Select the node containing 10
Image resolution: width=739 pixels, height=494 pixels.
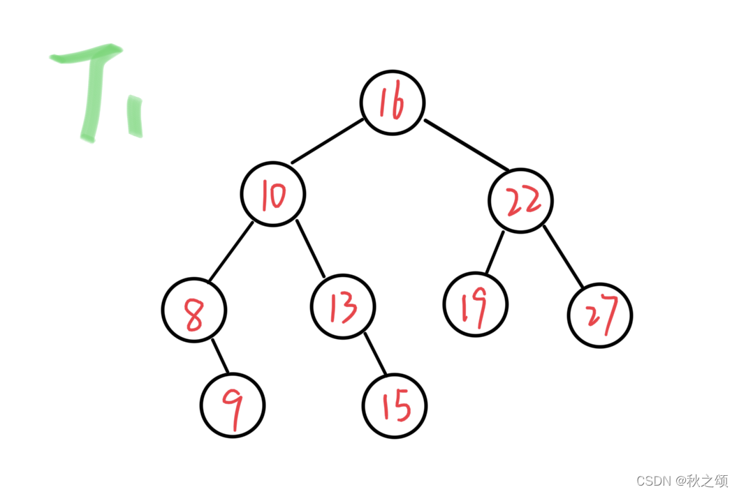(273, 194)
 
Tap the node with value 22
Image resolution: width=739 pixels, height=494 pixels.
(520, 201)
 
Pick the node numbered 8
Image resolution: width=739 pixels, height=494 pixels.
(194, 310)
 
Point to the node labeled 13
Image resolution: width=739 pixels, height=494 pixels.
(343, 307)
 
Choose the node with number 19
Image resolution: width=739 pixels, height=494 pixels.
(476, 304)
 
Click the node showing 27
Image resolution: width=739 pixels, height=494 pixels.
(600, 315)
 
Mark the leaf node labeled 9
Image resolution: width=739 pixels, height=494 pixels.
(233, 406)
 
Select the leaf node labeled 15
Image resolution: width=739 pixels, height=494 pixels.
(395, 406)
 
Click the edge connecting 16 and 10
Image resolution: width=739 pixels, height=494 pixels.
(327, 142)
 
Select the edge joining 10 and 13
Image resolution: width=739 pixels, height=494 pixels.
(310, 249)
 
